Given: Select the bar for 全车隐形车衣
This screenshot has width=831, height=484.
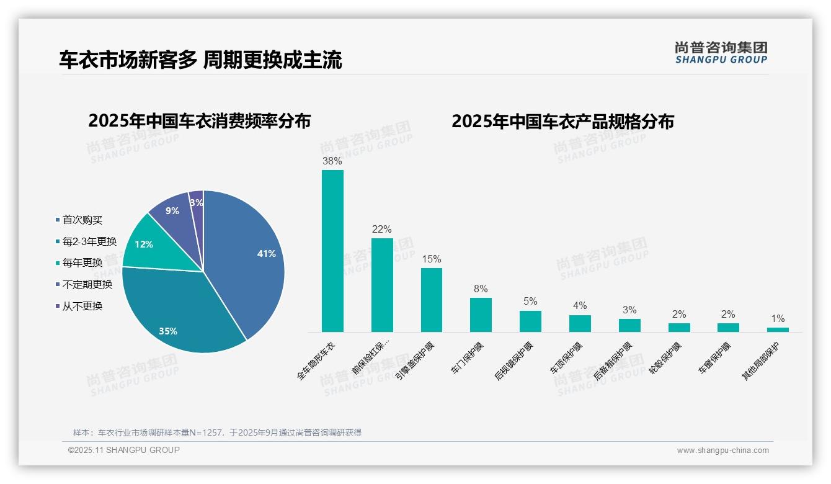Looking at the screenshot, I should click(332, 251).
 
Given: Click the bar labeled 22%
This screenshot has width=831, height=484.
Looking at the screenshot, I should click(382, 285).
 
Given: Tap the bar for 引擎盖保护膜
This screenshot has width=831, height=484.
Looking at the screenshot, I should click(432, 300).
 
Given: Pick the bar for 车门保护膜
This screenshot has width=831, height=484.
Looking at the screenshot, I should click(481, 315).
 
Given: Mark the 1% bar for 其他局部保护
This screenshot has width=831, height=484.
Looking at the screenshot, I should click(778, 329).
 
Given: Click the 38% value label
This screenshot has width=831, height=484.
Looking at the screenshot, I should click(332, 161).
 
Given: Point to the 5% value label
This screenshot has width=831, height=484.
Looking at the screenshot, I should click(530, 302).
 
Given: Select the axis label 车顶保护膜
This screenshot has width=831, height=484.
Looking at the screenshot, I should click(566, 359).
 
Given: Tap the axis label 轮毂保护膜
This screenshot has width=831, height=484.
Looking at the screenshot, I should click(665, 359).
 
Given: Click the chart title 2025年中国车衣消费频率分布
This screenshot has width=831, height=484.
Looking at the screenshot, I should click(200, 121).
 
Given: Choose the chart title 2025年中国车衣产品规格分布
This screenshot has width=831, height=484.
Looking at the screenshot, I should click(562, 122).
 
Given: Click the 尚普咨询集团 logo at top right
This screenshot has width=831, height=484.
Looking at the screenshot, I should click(721, 52).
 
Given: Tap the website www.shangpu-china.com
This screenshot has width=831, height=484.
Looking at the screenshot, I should click(722, 450).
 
